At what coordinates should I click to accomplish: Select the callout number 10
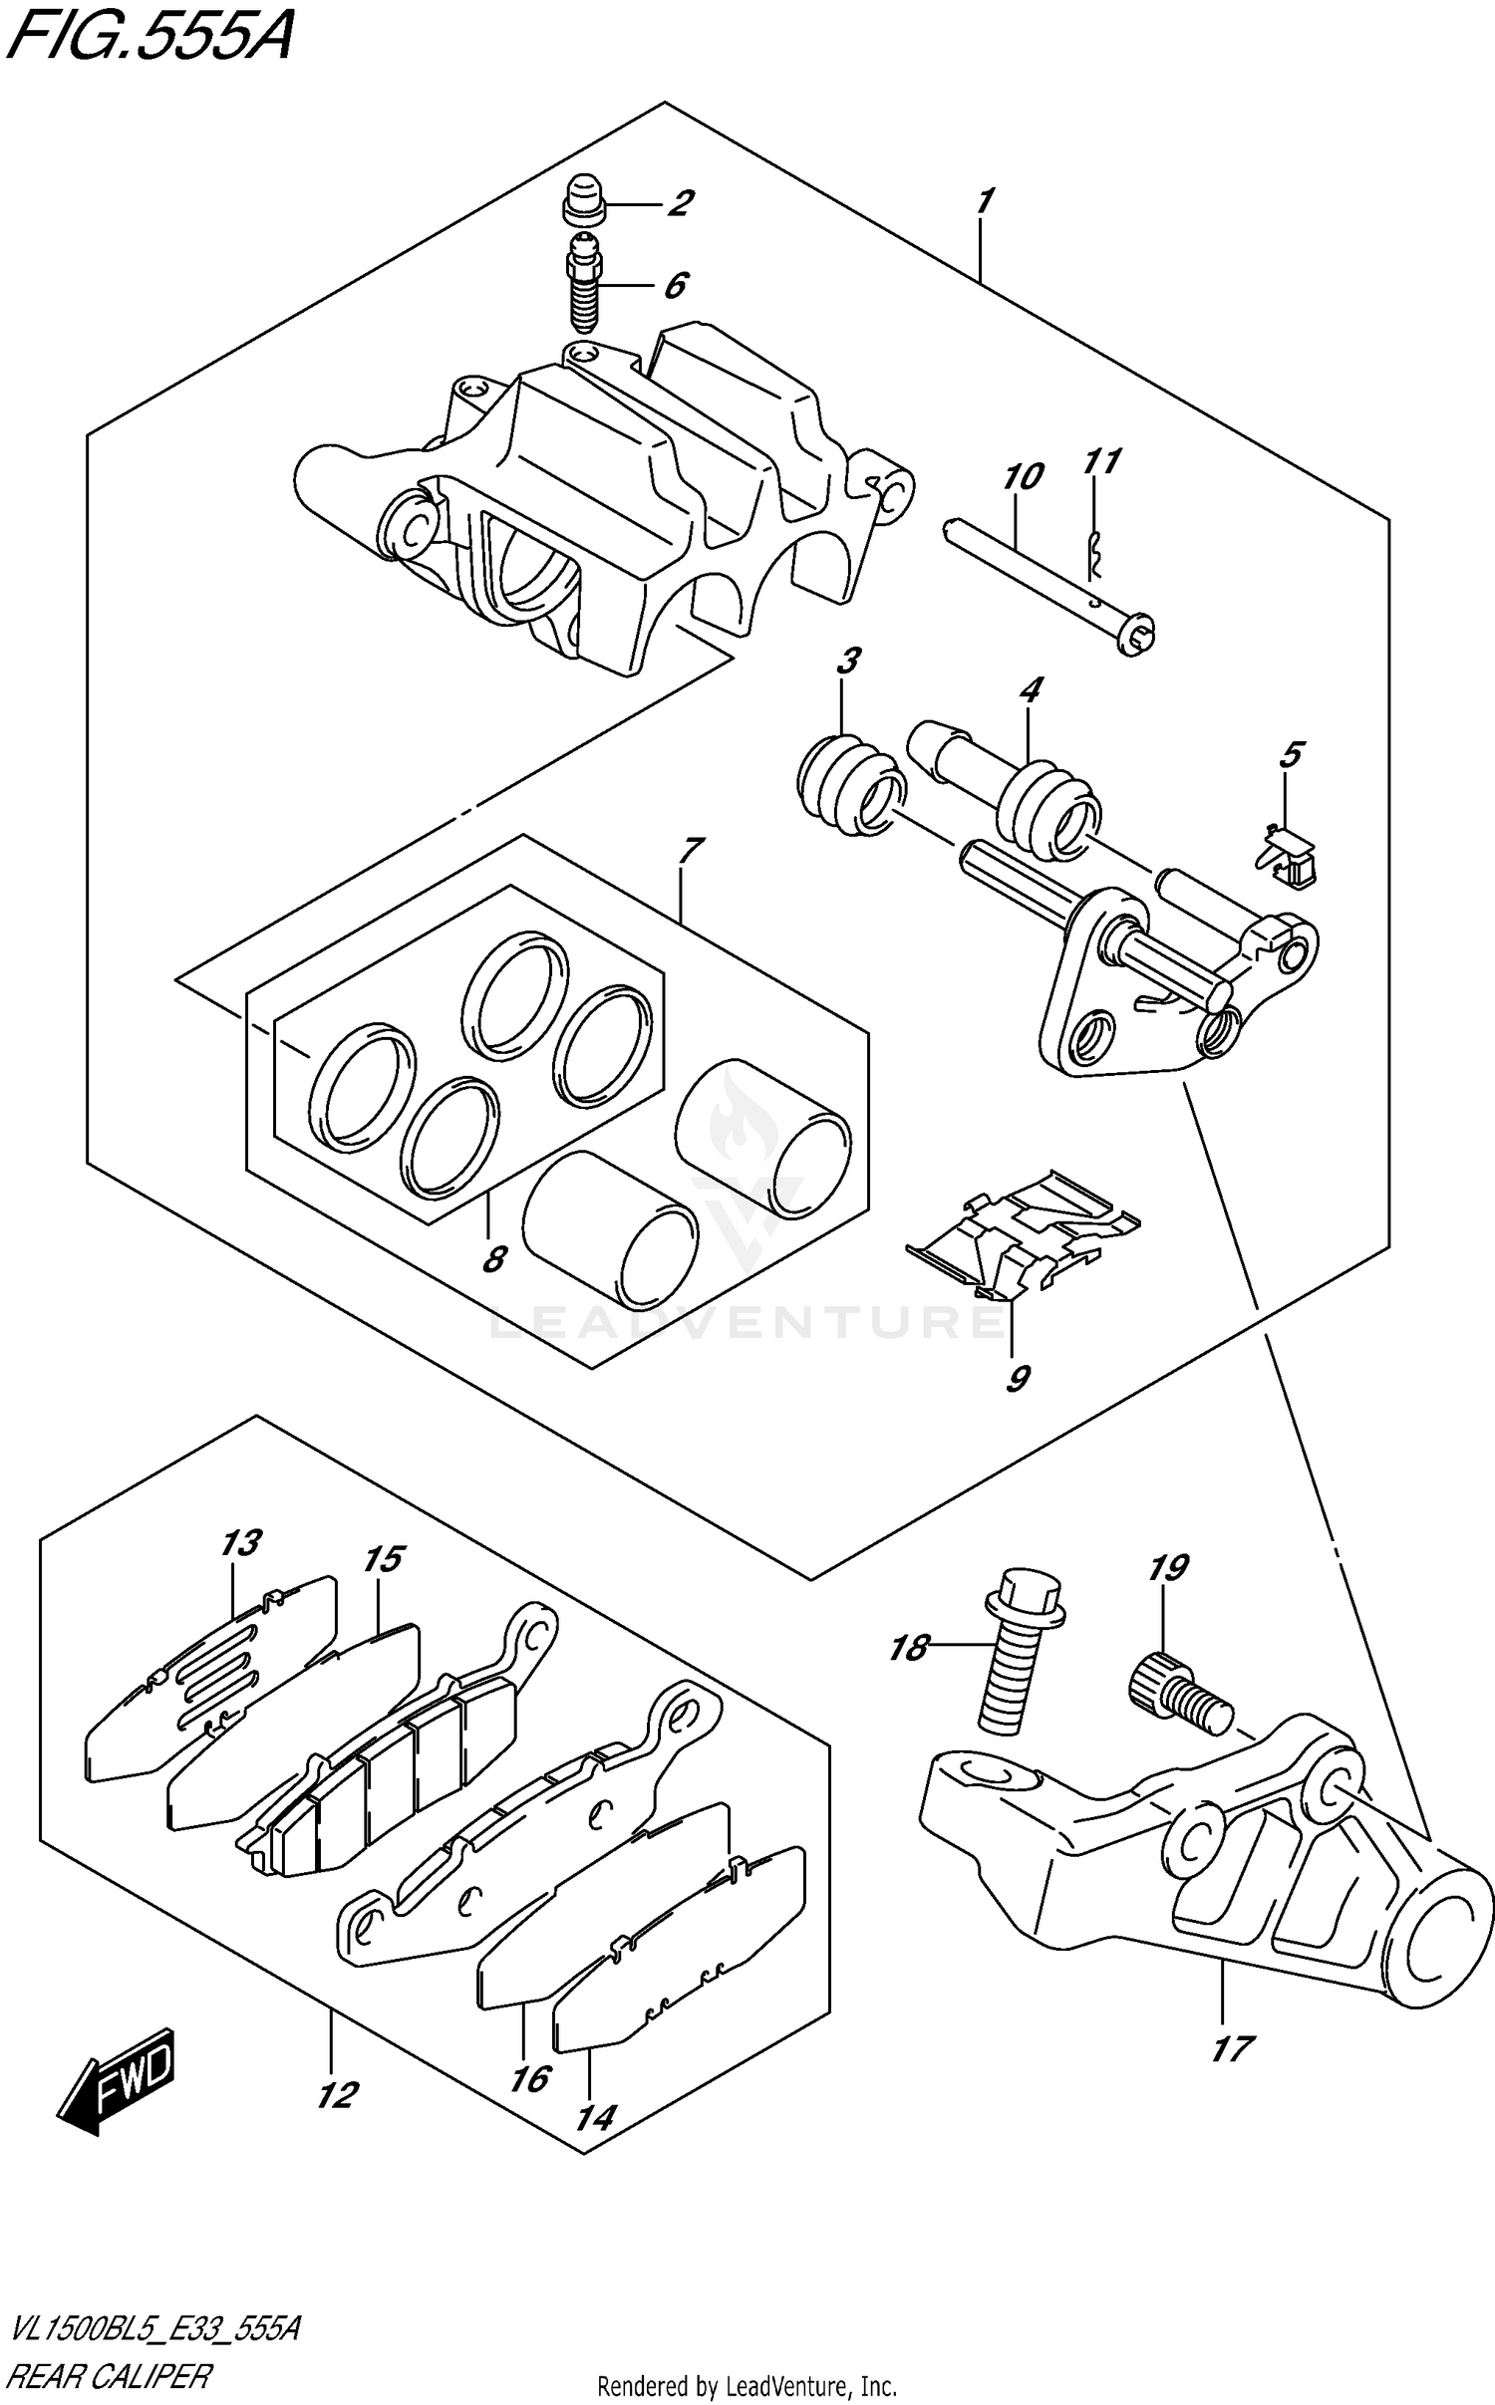pos(1023,477)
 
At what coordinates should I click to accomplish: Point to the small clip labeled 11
pos(1094,562)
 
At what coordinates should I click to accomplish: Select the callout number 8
pos(492,1259)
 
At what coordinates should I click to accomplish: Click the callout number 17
pos(1232,2049)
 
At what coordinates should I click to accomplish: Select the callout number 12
pos(337,2095)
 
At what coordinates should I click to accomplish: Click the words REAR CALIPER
pos(110,2375)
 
